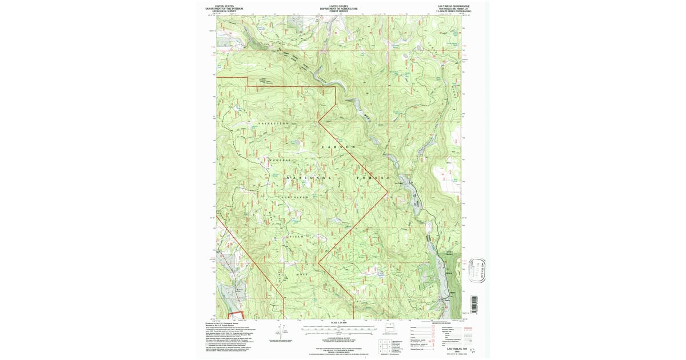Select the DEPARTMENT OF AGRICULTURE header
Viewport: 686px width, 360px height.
pyautogui.click(x=339, y=9)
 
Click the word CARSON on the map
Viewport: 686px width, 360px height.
pyautogui.click(x=338, y=147)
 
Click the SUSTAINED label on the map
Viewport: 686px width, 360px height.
pyautogui.click(x=294, y=197)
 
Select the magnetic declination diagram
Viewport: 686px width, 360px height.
pyautogui.click(x=281, y=330)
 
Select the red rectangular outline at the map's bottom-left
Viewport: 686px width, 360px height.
pyautogui.click(x=236, y=314)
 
